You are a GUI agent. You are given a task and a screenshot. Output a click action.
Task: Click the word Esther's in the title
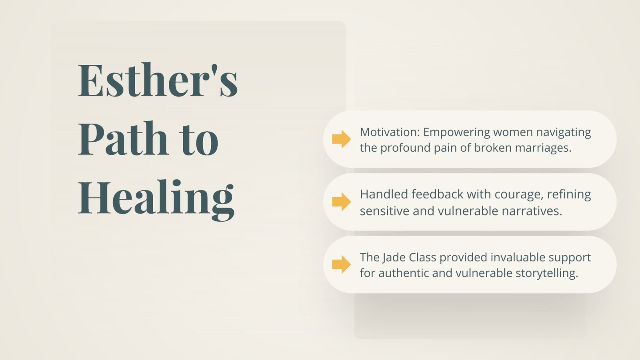tap(158, 80)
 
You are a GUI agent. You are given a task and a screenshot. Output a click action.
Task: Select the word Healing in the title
tap(156, 200)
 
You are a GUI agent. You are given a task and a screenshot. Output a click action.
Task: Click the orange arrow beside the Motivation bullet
tap(342, 139)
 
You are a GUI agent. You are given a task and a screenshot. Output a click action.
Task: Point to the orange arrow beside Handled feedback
tap(342, 202)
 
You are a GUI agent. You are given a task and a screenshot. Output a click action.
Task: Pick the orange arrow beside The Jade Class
tap(342, 264)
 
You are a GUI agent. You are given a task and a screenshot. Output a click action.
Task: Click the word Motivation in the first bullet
tap(390, 132)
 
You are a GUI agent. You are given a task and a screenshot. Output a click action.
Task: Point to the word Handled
tap(384, 194)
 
